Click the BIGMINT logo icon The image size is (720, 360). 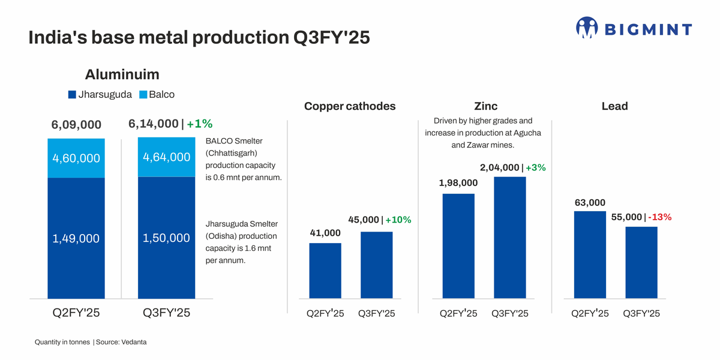pos(587,28)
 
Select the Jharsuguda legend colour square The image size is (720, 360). pos(72,95)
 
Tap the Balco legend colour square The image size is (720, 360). pos(143,95)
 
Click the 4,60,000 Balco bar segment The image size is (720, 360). pos(76,158)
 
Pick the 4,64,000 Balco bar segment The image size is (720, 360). pos(166,157)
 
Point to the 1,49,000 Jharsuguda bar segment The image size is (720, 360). pos(76,238)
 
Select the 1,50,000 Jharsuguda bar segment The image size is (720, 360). pos(166,238)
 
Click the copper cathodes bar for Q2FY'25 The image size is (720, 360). pos(325,271)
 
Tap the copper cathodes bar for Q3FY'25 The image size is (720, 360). pos(376,265)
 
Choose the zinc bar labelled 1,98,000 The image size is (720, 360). pos(458,246)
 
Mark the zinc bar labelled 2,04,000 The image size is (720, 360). pos(509,238)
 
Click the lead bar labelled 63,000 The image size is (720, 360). pos(590,255)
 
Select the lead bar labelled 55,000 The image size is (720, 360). pos(641,263)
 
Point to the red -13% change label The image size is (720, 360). pos(659,217)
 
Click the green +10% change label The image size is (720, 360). pos(398,220)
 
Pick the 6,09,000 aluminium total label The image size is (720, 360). pos(76,125)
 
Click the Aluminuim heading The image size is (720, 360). pos(122,74)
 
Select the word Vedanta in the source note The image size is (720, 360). pos(134,342)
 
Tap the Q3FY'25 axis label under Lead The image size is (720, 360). pos(641,314)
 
